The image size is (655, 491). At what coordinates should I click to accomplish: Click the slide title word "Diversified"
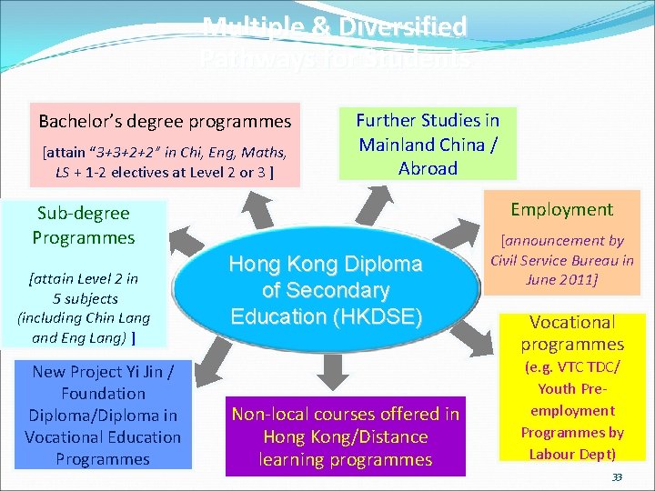point(400,26)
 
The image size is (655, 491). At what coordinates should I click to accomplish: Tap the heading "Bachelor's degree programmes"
point(165,121)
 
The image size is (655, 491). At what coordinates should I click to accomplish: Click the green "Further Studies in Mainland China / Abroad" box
point(428,144)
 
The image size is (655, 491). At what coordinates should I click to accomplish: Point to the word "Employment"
point(561,209)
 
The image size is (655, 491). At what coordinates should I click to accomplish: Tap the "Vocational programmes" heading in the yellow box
point(572,333)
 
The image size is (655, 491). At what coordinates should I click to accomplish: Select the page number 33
point(617,477)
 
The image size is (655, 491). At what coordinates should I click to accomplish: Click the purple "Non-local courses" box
point(345,436)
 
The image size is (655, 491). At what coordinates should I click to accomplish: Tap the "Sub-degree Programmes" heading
point(84,225)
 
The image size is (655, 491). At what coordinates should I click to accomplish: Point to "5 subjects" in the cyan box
point(85,298)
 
